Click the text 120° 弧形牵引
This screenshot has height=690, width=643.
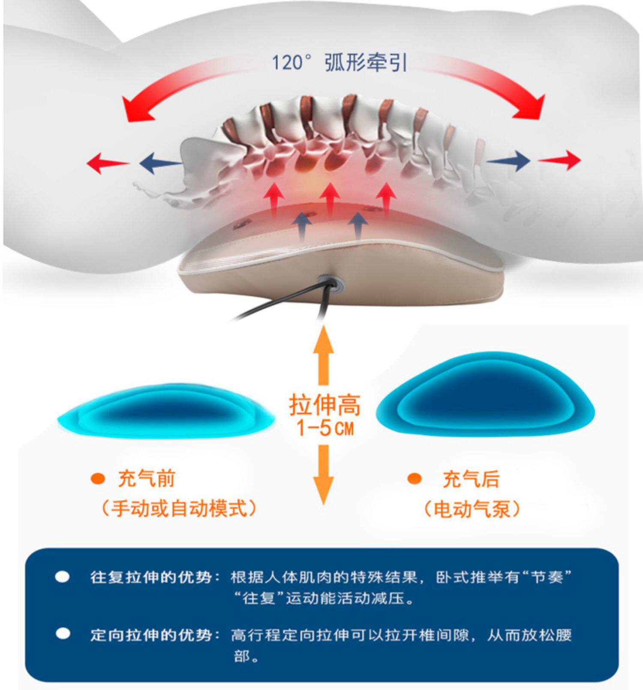pyautogui.click(x=340, y=63)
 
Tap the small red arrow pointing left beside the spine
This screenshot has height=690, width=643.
pyautogui.click(x=108, y=163)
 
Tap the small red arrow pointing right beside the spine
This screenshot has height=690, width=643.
pyautogui.click(x=559, y=160)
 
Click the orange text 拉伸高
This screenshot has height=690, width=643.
pyautogui.click(x=325, y=405)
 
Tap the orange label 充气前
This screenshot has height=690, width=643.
pyautogui.click(x=147, y=479)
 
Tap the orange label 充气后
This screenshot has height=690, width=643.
pyautogui.click(x=471, y=479)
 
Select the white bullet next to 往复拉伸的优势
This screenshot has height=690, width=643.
pyautogui.click(x=63, y=577)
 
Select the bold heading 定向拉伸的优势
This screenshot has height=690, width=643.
pyautogui.click(x=151, y=634)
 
